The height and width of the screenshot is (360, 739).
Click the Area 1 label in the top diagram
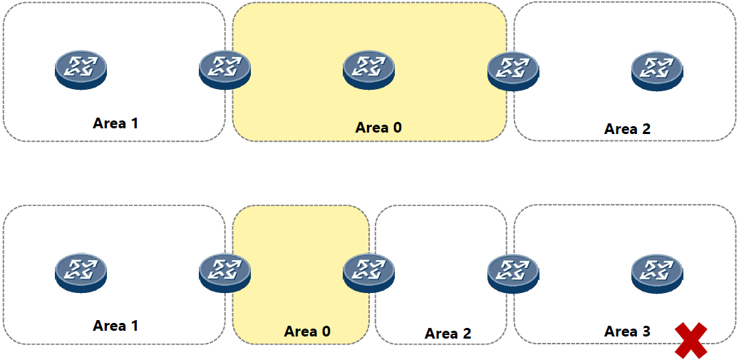(115, 123)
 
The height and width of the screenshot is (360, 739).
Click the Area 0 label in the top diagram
(378, 128)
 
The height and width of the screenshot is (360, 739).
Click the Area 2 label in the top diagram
(627, 129)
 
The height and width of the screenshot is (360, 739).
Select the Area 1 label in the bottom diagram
(115, 326)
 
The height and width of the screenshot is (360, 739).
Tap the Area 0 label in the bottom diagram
(307, 331)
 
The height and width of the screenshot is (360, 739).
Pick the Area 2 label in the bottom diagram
(448, 334)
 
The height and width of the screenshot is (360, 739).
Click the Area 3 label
(627, 331)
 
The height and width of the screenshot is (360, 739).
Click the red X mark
(691, 340)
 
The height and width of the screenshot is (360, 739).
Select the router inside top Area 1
(81, 70)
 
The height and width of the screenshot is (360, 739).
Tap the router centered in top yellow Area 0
(368, 70)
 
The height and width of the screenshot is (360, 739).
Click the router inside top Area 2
(656, 70)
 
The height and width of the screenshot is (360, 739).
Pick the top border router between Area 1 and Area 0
(225, 70)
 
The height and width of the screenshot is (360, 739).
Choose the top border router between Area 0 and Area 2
(512, 70)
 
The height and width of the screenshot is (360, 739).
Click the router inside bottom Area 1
(81, 272)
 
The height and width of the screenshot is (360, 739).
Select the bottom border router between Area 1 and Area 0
(225, 272)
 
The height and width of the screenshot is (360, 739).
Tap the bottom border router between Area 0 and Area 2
(368, 272)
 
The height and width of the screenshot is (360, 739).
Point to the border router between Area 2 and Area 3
(512, 272)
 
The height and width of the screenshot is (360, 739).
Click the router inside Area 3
(656, 272)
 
